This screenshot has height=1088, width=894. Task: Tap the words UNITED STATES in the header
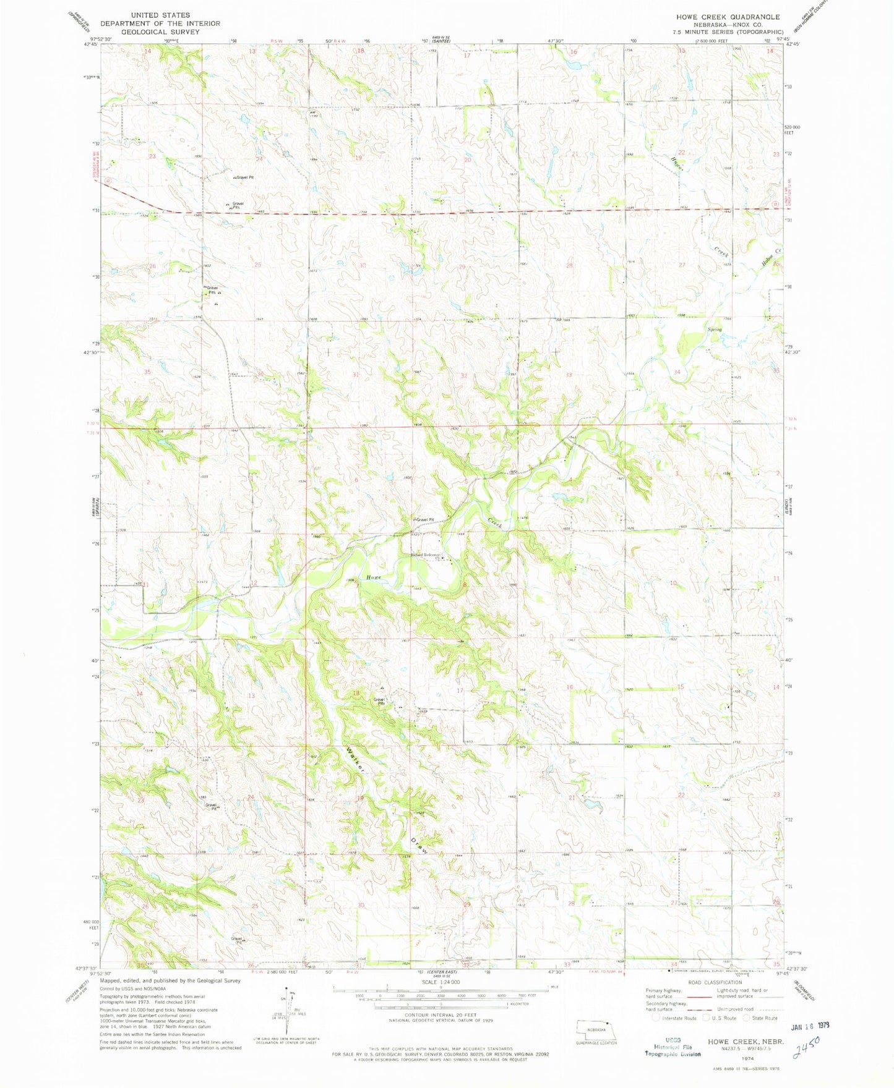[x=160, y=15]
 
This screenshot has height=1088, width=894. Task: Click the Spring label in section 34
[x=715, y=329]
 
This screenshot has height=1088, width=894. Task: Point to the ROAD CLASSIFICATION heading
[x=714, y=982]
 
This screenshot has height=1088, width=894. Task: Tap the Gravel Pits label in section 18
[x=379, y=702]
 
